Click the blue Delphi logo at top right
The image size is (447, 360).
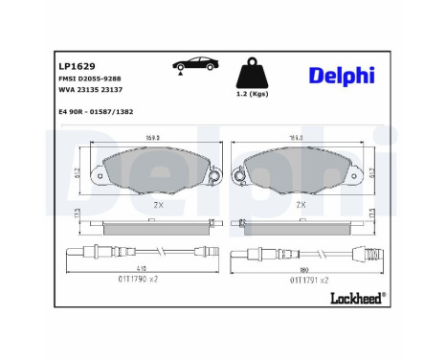341,76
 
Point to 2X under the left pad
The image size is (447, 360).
158,205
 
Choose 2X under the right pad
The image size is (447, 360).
300,205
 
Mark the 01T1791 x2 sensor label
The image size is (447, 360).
308,280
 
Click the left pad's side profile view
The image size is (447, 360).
154,224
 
